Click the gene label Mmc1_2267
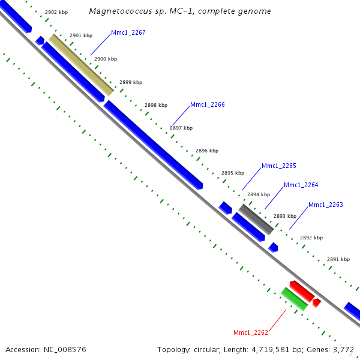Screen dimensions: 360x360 (128, 33)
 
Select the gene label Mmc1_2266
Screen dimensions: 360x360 (208, 104)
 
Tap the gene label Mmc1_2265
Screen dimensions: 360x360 (279, 166)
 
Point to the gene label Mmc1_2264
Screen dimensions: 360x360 (301, 185)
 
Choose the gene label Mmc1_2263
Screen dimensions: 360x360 (326, 205)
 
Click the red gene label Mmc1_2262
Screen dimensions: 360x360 (251, 332)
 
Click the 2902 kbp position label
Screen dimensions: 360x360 (56, 12)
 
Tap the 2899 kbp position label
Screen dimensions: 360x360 (131, 82)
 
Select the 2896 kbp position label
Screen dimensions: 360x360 (207, 151)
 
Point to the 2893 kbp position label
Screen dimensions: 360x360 (284, 216)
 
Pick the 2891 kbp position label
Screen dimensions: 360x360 (338, 259)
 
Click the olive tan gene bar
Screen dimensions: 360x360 (81, 64)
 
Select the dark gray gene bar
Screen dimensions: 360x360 (257, 219)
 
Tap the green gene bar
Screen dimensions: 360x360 (295, 299)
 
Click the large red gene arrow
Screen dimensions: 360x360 (301, 290)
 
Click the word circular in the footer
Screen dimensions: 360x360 (202, 349)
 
